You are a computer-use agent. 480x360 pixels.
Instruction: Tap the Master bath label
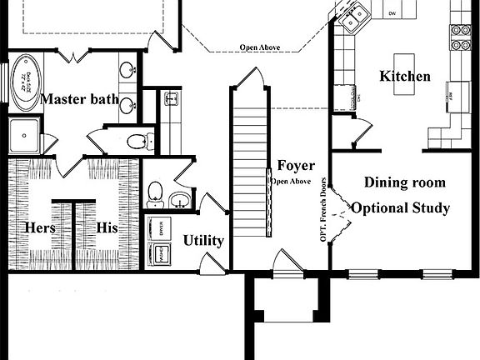tap(79, 100)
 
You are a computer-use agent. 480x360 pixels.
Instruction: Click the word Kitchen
tap(405, 77)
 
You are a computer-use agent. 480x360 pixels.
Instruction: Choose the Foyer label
tap(296, 165)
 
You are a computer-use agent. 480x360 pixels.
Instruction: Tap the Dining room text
tap(405, 182)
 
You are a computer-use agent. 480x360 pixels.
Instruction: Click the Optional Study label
tap(401, 207)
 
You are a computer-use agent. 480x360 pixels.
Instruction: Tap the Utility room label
tap(203, 241)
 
